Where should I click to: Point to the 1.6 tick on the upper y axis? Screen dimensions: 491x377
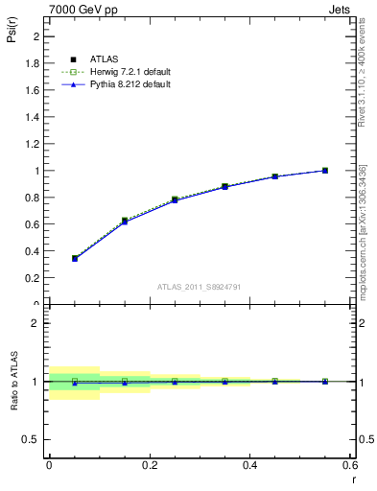click(x=34, y=90)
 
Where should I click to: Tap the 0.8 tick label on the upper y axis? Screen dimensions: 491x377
click(x=34, y=198)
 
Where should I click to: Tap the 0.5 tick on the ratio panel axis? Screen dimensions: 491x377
click(x=34, y=439)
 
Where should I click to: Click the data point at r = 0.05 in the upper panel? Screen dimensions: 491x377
click(x=75, y=258)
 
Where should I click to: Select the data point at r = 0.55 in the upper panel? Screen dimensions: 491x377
click(x=325, y=171)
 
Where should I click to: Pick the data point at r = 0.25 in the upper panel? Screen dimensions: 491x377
click(x=175, y=199)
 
